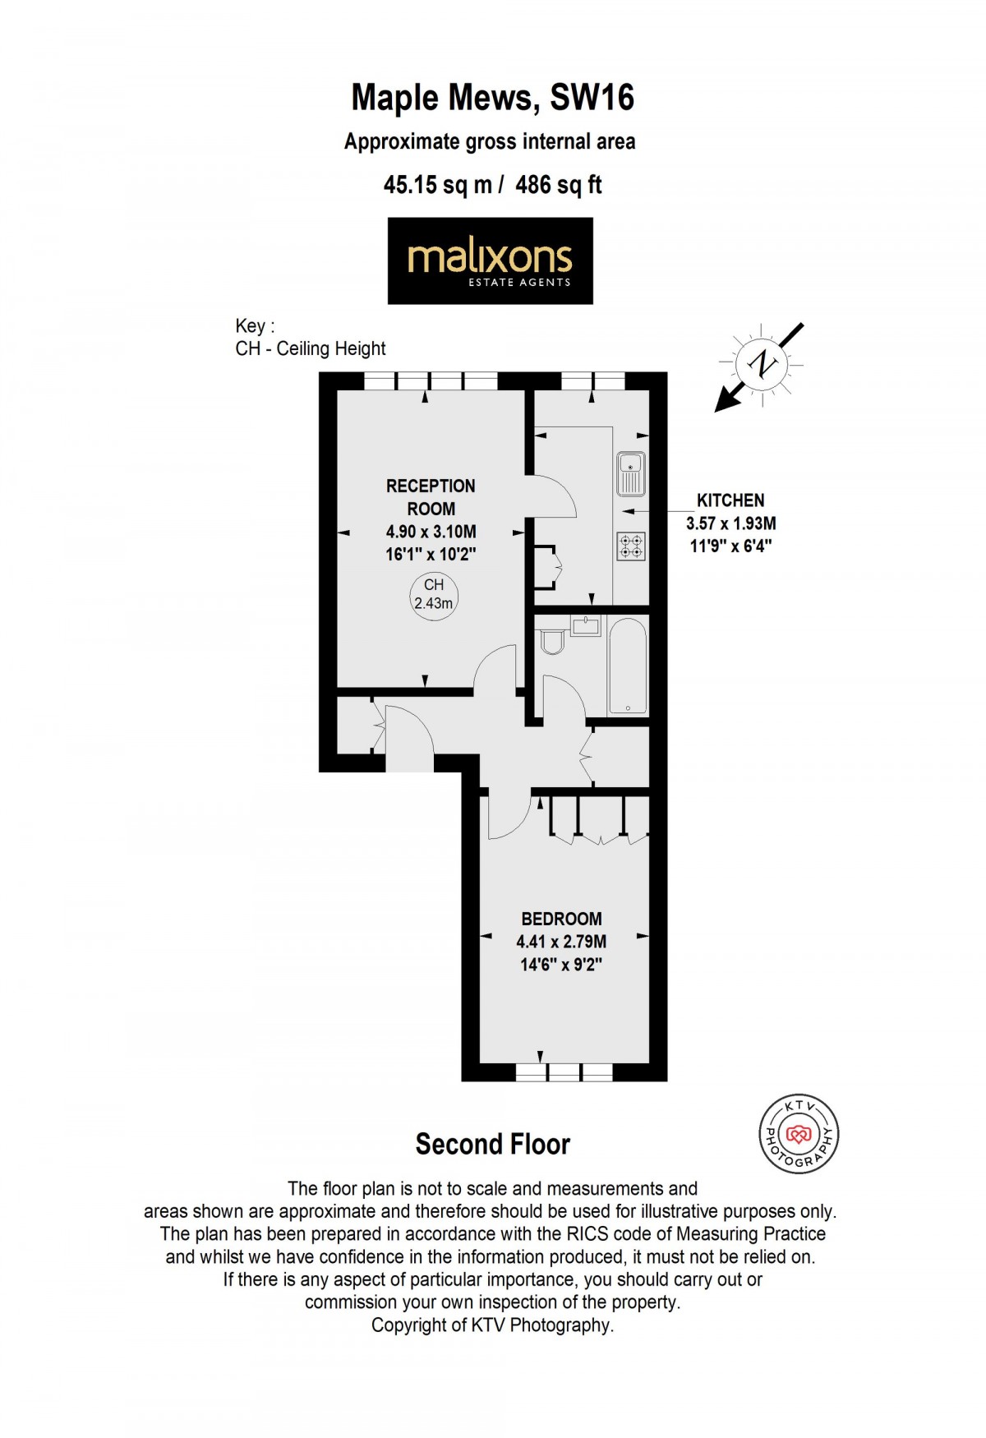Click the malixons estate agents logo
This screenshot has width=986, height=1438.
coord(490,260)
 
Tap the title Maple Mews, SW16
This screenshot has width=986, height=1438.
coord(492,98)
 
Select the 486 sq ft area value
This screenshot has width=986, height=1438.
coord(559,185)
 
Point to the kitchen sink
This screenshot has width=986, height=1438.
coord(631,474)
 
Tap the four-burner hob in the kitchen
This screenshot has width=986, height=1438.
coord(631,546)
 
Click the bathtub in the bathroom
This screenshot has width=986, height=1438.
coord(628,666)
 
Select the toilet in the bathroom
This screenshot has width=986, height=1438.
coord(551,641)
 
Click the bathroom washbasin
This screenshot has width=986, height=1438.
coord(586,626)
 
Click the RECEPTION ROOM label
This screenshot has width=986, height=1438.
coord(431,497)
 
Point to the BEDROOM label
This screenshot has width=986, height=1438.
coord(561,919)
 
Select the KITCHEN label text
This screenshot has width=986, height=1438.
coord(730,500)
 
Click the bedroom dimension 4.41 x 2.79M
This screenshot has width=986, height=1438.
coord(561,942)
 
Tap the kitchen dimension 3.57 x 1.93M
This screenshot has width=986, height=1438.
coord(730,523)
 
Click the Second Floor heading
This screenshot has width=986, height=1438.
coord(492,1144)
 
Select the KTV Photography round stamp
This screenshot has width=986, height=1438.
coord(798,1135)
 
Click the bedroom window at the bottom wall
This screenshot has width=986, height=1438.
coord(564,1072)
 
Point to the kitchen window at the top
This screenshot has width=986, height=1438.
coord(593,381)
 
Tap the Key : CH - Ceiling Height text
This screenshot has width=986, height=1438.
coord(310,337)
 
